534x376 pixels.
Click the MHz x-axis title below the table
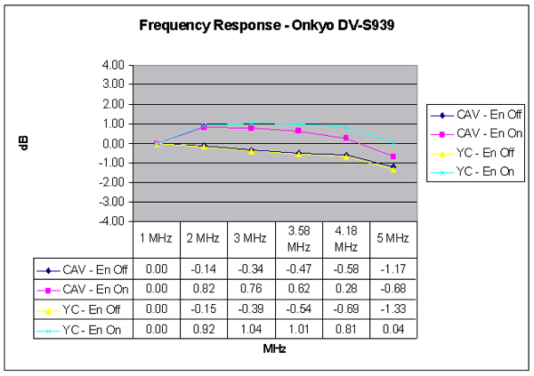pyautogui.click(x=274, y=349)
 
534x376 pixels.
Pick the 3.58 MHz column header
pyautogui.click(x=298, y=238)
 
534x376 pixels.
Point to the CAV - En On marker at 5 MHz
pyautogui.click(x=392, y=156)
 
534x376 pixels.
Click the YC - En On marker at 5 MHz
pyautogui.click(x=392, y=142)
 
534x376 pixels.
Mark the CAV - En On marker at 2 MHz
pyautogui.click(x=204, y=127)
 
